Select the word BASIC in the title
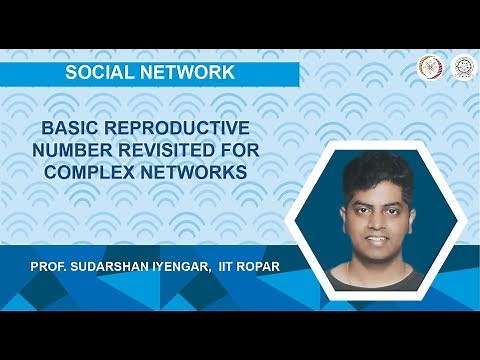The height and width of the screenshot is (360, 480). tap(70, 130)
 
